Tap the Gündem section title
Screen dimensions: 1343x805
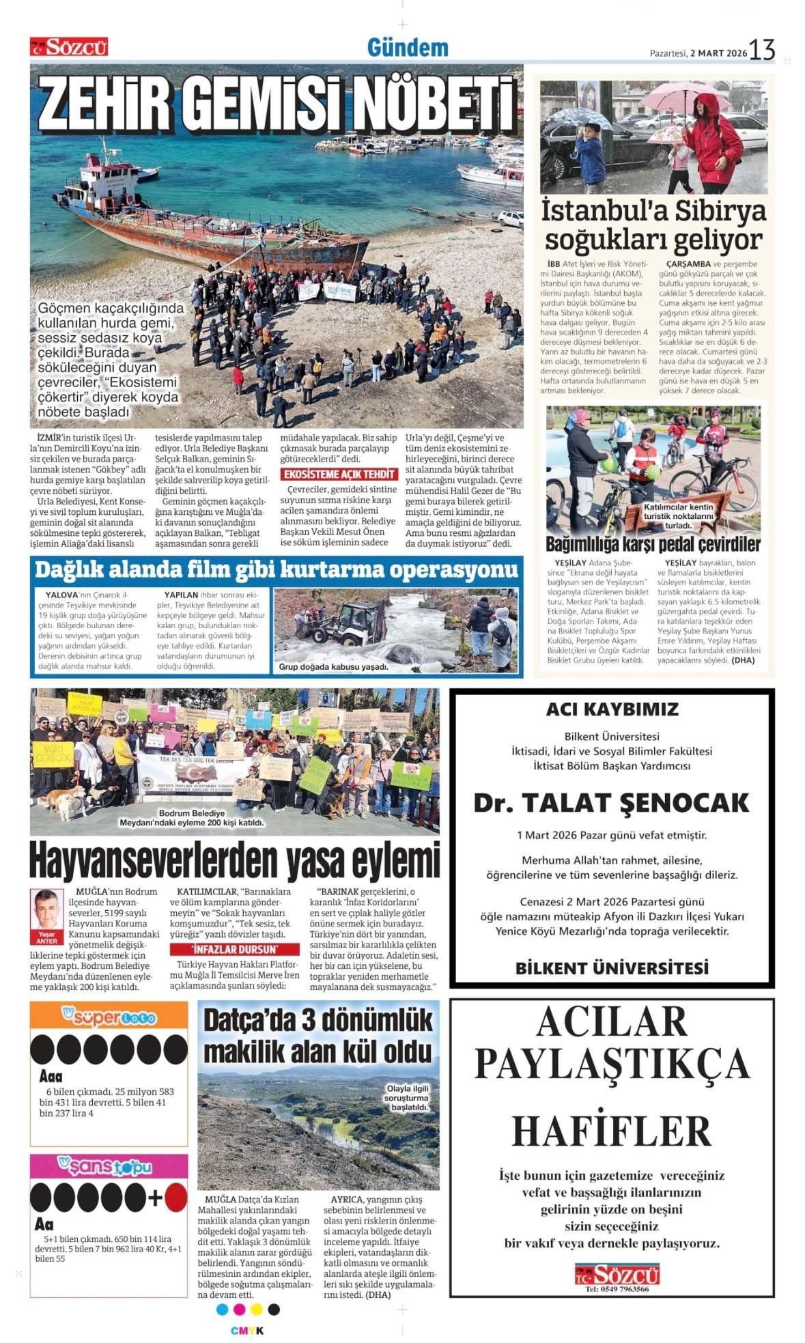point(408,48)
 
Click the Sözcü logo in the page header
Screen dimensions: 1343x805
point(69,47)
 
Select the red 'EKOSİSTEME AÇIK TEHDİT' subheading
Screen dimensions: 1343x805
point(339,474)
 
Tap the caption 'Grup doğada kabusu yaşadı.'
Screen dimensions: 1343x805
point(333,666)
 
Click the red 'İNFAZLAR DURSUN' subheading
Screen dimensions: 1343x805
point(234,949)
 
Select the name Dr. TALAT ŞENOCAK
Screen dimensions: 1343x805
point(611,803)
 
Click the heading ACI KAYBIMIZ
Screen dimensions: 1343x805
point(612,709)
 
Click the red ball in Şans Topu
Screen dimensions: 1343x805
point(175,1198)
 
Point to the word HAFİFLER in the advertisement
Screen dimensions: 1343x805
point(611,1132)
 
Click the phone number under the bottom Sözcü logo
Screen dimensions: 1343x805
point(617,1289)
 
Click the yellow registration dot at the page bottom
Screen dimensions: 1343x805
point(257,1309)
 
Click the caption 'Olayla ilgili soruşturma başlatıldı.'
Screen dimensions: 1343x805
point(408,1098)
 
